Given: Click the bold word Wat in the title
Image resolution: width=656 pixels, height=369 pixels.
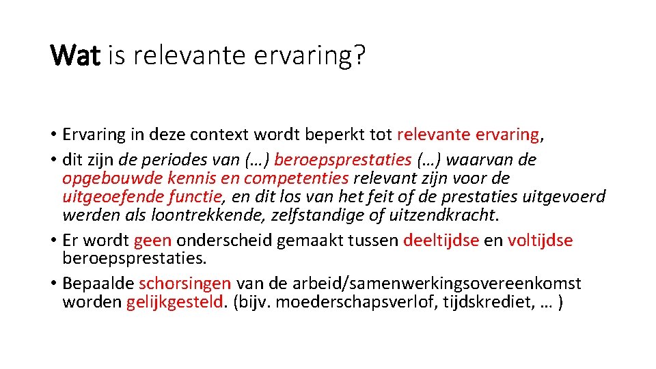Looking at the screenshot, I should pos(76,55).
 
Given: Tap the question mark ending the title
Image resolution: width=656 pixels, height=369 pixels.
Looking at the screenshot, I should pos(358,55).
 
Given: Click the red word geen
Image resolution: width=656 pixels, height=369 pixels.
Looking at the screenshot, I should pos(153,241).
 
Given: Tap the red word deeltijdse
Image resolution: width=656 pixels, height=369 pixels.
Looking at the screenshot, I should pos(441,241).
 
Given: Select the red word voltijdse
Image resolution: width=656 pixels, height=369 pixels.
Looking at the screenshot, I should pos(540,241).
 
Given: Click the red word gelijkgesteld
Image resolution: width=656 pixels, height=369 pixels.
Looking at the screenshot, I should pos(176,302).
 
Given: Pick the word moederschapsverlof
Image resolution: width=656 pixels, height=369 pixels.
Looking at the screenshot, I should pos(324,302).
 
